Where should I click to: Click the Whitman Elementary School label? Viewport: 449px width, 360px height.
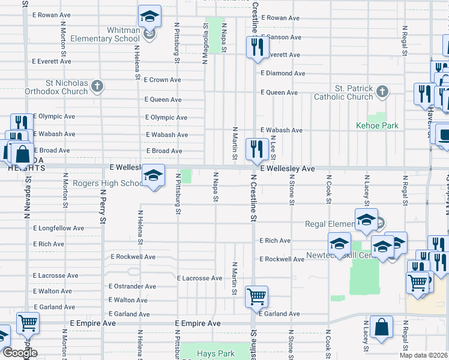(x=105, y=34)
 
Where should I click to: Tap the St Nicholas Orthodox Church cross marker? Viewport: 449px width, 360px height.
(x=97, y=87)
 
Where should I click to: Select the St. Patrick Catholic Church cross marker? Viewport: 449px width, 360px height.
(x=382, y=92)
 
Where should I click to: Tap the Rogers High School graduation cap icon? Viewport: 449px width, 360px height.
(x=154, y=175)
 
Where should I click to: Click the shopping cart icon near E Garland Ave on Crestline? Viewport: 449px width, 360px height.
(x=257, y=295)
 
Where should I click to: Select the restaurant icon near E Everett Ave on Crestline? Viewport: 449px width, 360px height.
(x=258, y=46)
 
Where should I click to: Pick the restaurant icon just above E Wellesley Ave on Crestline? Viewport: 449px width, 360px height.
(x=257, y=148)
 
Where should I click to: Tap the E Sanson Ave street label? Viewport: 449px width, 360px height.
(x=280, y=37)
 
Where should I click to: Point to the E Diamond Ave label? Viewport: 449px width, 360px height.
(x=283, y=73)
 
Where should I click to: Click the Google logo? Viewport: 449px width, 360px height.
(x=20, y=353)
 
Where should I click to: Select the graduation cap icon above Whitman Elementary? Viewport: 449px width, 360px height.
(x=149, y=16)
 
